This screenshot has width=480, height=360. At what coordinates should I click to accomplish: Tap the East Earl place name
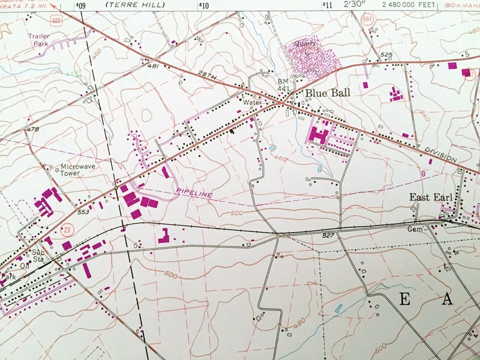tap(431, 197)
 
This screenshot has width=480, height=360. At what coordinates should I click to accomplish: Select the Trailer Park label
tap(39, 40)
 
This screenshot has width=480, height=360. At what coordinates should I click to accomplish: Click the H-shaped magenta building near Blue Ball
tap(319, 132)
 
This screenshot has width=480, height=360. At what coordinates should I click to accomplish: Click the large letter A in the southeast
tap(446, 300)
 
